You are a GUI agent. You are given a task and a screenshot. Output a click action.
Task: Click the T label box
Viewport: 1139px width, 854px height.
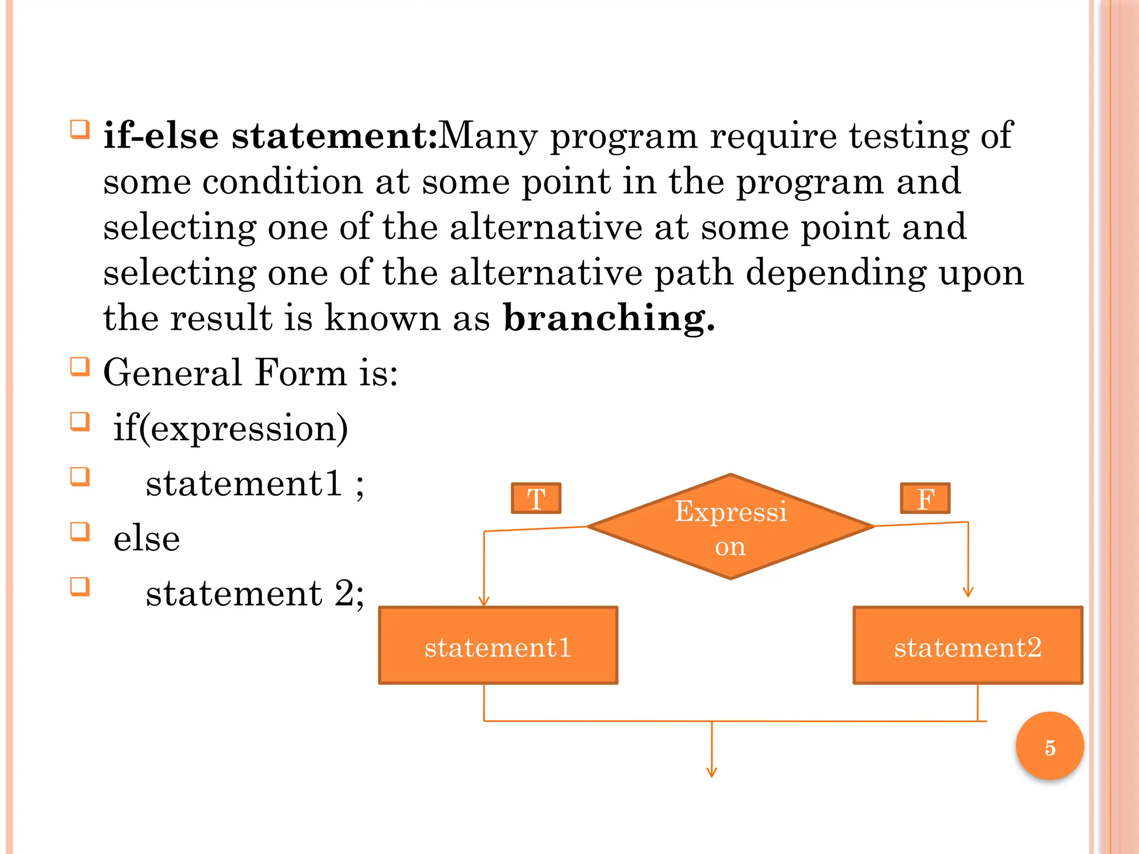[x=536, y=498]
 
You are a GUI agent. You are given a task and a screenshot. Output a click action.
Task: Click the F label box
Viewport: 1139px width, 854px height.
[x=925, y=498]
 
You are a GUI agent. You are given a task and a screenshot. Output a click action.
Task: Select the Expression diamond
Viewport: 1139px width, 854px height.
[x=731, y=527]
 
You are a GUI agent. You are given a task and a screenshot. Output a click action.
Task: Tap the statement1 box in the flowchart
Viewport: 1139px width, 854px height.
[x=498, y=646]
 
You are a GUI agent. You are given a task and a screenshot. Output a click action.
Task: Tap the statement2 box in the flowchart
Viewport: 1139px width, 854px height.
[x=968, y=646]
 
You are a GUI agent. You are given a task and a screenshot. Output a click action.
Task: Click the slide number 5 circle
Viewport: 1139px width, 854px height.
[x=1049, y=746]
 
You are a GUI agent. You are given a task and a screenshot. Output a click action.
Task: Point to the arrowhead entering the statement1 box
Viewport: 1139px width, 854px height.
[x=484, y=602]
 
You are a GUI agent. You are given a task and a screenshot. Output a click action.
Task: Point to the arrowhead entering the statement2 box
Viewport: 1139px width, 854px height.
[x=968, y=593]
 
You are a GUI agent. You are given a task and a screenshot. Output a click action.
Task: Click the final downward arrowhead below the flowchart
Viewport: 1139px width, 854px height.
[x=712, y=772]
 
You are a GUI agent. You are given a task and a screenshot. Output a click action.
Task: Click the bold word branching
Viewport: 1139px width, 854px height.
[x=608, y=318]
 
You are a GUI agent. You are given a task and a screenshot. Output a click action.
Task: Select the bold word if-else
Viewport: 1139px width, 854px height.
[x=161, y=136]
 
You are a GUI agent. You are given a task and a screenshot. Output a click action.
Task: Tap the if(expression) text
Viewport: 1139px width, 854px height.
[x=231, y=428]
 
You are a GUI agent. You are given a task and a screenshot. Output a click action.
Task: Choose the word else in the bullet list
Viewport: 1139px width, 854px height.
[x=147, y=538]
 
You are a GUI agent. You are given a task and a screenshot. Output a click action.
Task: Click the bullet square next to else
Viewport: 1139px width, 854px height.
[x=80, y=532]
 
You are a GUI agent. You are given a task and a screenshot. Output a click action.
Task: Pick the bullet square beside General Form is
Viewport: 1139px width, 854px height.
[x=80, y=366]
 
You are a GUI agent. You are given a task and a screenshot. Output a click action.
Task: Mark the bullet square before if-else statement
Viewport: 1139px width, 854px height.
[x=80, y=129]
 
